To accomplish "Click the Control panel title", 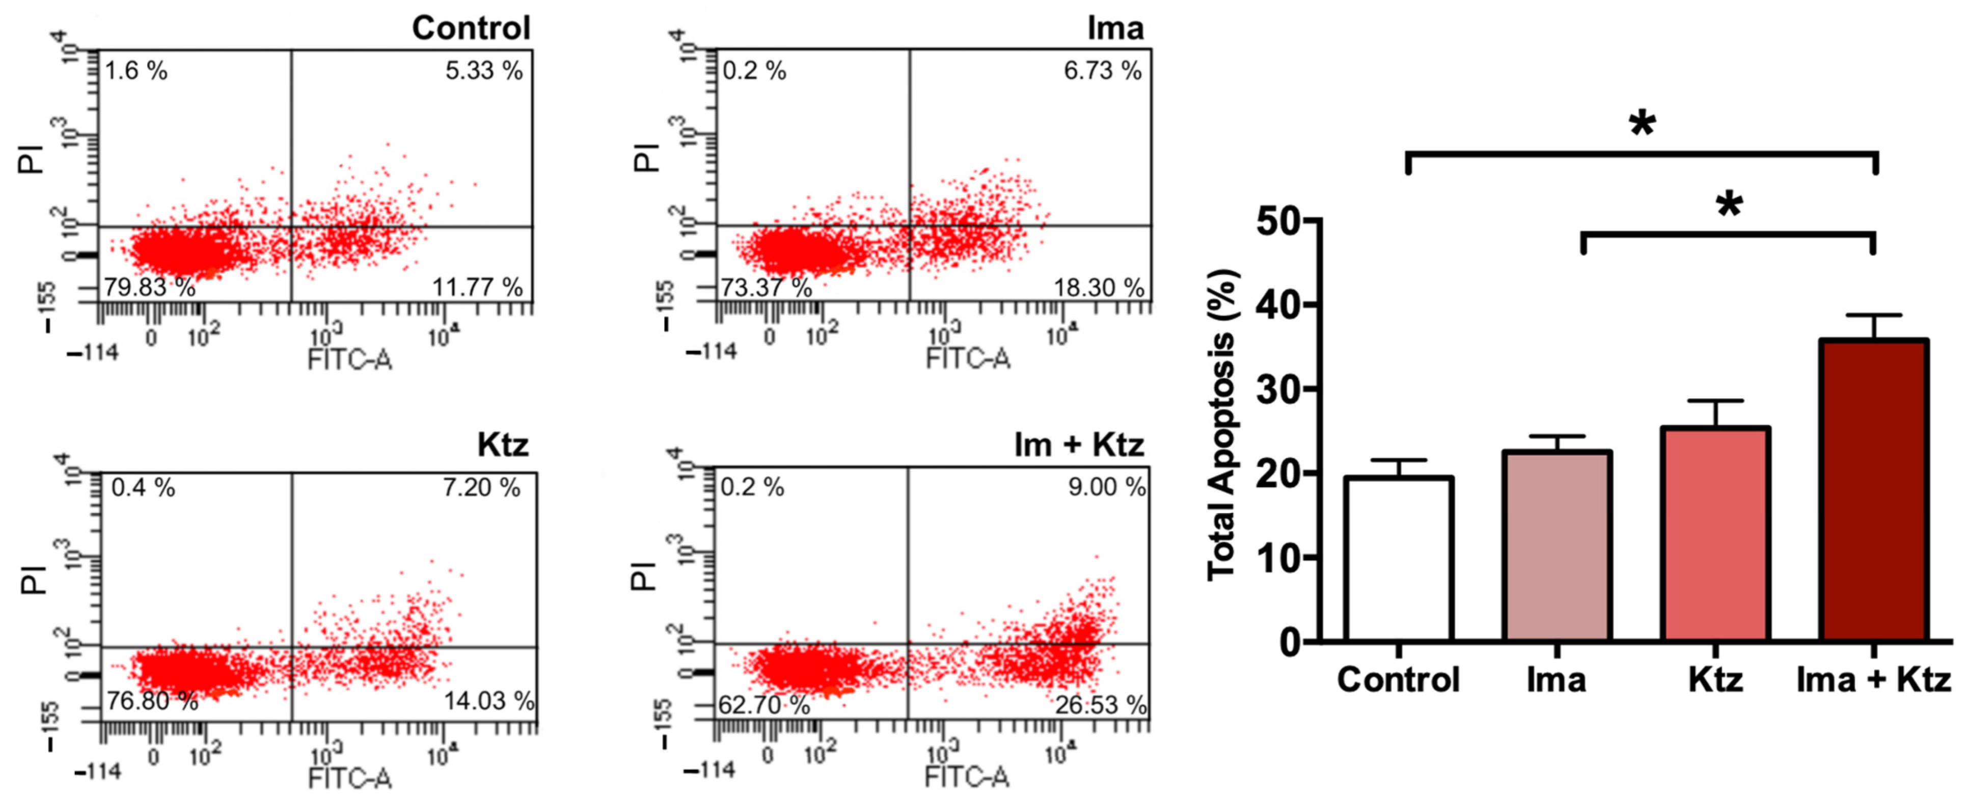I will tap(471, 28).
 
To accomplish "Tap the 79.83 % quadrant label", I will tap(150, 287).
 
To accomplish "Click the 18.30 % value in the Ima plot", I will tap(1099, 288).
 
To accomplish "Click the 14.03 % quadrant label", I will tap(488, 701).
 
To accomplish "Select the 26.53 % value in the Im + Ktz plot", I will tap(1100, 705).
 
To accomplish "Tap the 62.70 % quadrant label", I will tap(763, 705).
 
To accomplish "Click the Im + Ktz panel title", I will tap(1079, 444).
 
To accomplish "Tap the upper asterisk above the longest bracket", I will tap(1642, 124).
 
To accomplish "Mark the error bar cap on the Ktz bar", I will tap(1715, 401).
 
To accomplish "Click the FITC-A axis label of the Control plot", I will tap(349, 358).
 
